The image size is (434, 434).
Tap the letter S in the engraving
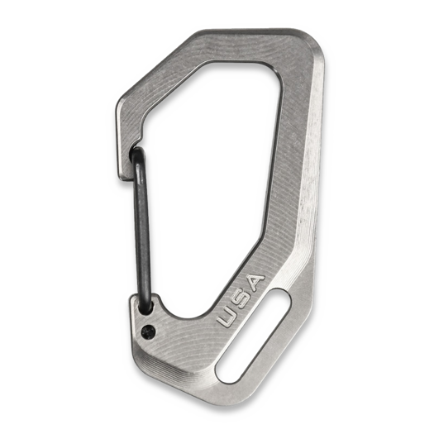pyautogui.click(x=240, y=298)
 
